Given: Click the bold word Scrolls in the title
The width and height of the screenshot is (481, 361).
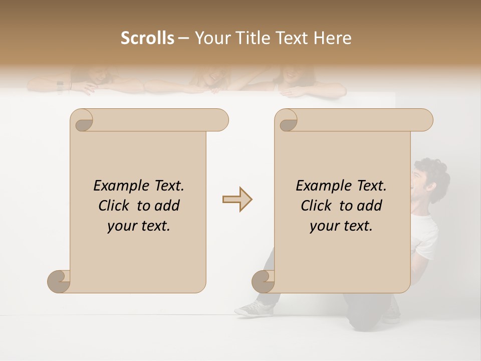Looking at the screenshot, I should tap(147, 38).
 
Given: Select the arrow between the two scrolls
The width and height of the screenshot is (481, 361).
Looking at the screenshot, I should tap(237, 199).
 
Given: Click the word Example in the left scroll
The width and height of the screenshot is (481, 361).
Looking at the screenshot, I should tap(117, 186).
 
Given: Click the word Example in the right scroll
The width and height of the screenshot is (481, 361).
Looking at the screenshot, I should tap(319, 186).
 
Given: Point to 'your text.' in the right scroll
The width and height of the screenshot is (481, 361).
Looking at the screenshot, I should tap(341, 226).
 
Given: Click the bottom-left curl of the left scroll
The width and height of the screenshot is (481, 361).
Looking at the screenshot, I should tap(59, 282).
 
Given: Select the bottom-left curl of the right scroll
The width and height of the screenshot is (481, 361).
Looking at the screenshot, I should tap(264, 282).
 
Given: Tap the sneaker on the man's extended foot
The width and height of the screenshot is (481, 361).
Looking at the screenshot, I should tap(254, 308).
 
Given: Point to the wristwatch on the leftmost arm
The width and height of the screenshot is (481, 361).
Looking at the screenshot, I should tap(60, 86).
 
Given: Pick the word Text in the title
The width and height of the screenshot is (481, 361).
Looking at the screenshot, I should tap(291, 38).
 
